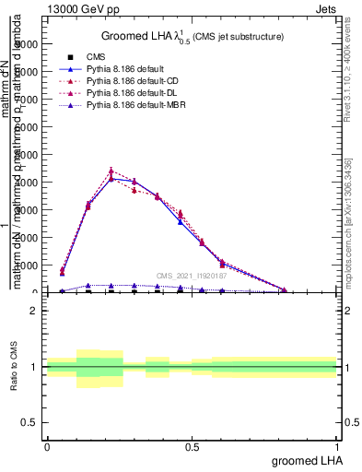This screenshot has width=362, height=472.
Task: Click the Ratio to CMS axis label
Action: pyautogui.click(x=15, y=368)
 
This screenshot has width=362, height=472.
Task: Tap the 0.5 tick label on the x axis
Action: pyautogui.click(x=192, y=445)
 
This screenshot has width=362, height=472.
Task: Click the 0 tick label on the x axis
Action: pyautogui.click(x=47, y=445)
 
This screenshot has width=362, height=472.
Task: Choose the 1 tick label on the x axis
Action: pyautogui.click(x=337, y=445)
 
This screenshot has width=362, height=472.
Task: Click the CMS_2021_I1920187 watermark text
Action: pyautogui.click(x=192, y=276)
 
